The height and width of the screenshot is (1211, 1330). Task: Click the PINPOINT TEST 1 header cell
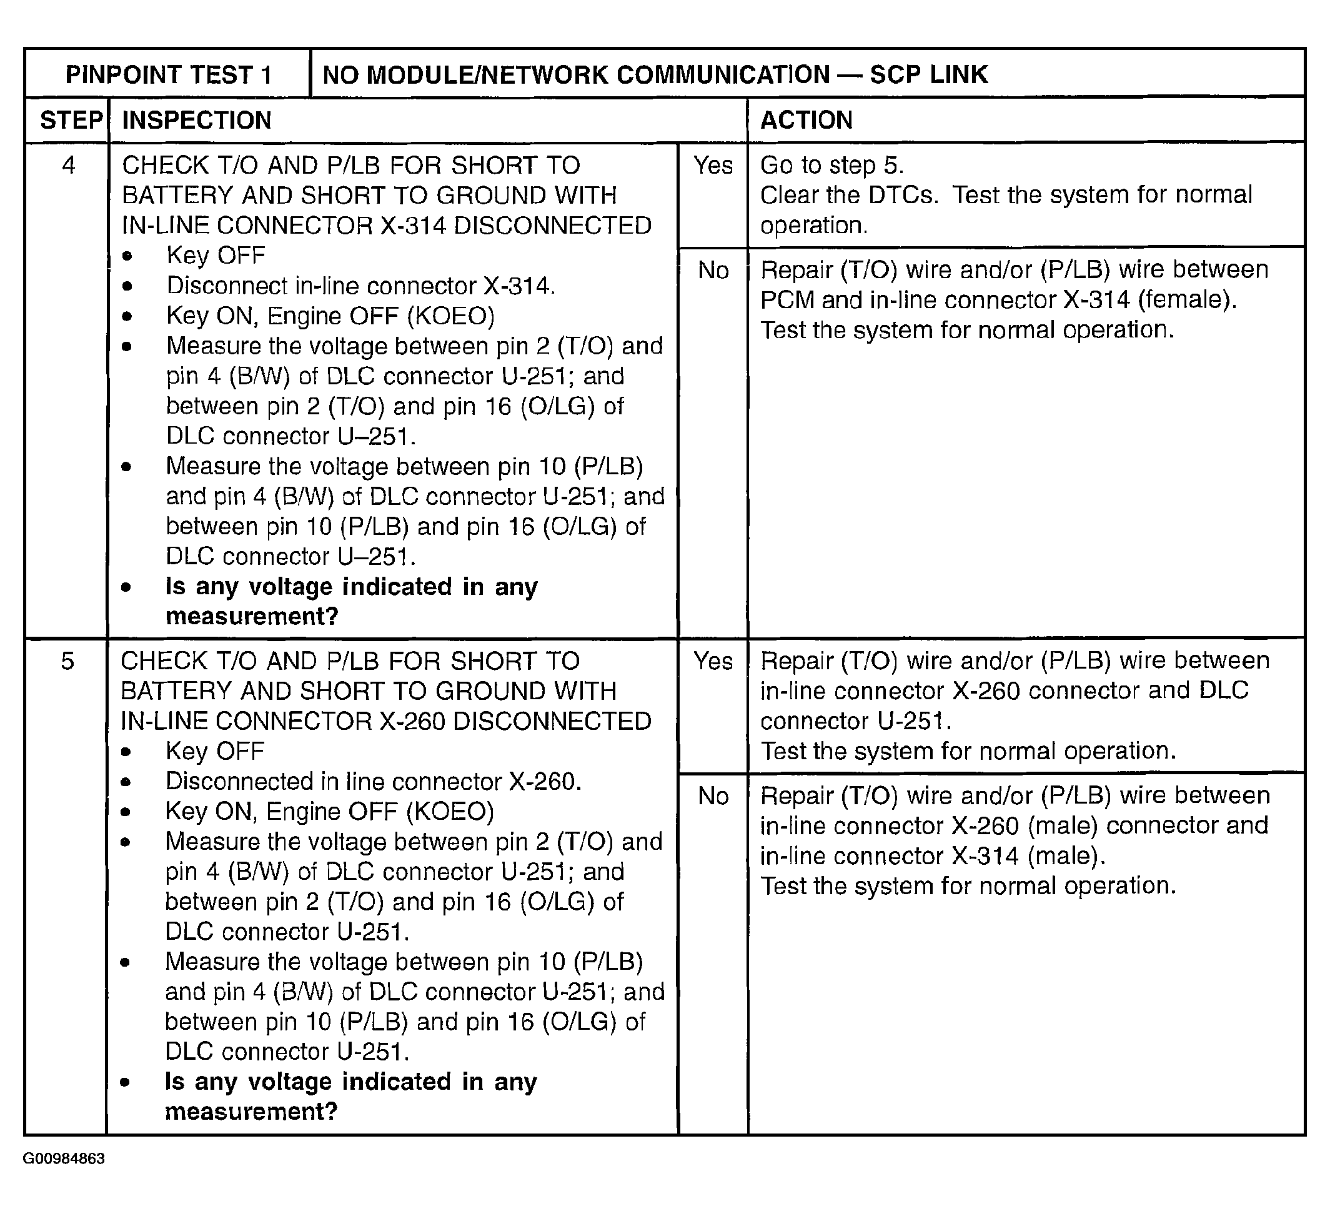point(168,74)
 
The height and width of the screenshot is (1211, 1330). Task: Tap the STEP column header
point(71,120)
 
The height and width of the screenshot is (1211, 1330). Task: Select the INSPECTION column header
point(197,120)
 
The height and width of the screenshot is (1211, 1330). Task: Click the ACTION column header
point(806,120)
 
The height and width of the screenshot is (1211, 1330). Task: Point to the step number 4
point(68,165)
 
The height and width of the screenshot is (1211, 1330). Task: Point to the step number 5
point(67,661)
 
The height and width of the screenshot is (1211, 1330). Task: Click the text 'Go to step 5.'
point(831,165)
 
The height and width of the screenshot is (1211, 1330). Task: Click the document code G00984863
point(63,1159)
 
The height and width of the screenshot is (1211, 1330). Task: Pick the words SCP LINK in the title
point(928,74)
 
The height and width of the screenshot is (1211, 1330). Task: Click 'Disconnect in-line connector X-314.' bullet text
point(361,286)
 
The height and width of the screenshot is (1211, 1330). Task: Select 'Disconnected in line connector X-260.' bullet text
point(373,781)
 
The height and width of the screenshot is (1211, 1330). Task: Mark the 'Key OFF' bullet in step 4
point(216,256)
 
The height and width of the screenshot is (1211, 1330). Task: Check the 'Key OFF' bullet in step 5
point(214,751)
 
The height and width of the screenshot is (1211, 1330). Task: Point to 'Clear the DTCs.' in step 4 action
point(848,196)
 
